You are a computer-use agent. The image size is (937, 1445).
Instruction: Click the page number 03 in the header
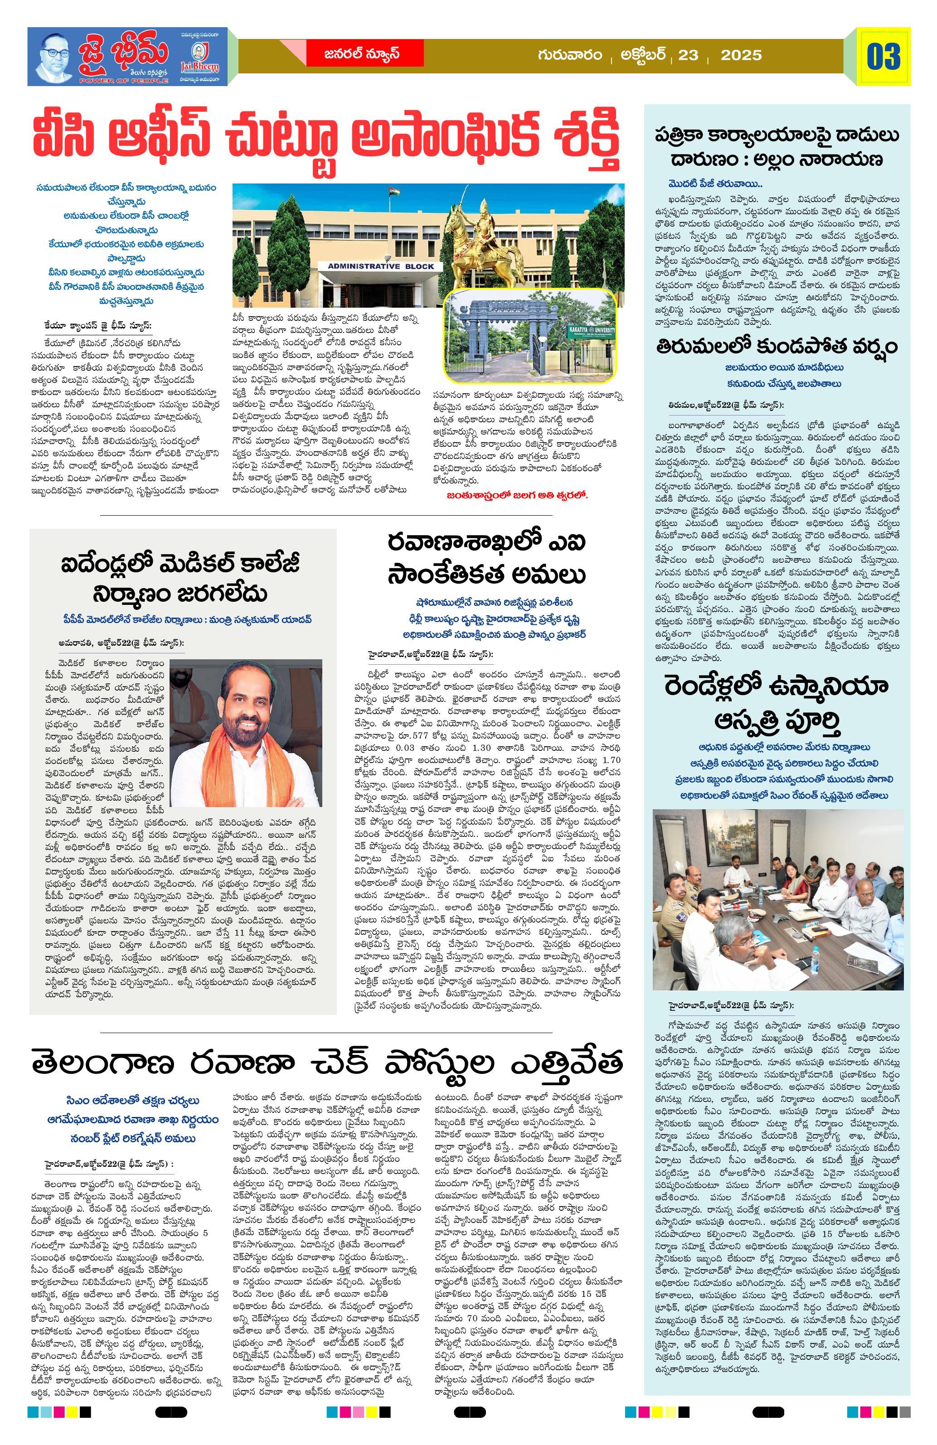884,57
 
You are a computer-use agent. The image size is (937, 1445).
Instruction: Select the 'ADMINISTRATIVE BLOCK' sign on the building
381,266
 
